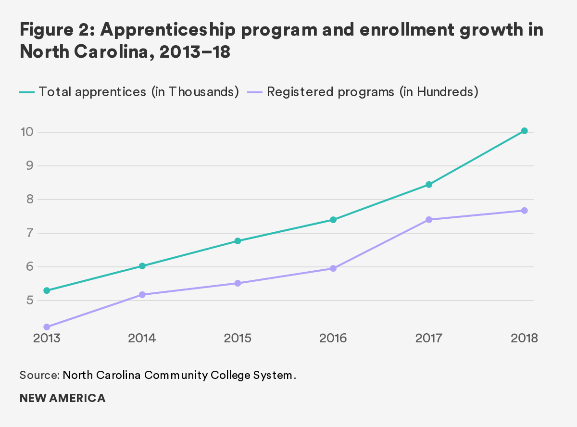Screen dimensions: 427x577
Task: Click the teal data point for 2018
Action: [524, 131]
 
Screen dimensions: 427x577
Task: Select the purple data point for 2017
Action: [429, 220]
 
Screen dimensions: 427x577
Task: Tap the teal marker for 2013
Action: [47, 290]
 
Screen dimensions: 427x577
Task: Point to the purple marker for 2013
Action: [47, 327]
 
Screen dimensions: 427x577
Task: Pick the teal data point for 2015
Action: [238, 241]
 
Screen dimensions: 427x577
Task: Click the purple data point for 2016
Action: [333, 268]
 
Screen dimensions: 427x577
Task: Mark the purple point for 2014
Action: [142, 295]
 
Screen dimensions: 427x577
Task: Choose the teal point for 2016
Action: [333, 220]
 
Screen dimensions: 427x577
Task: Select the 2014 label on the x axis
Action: [142, 338]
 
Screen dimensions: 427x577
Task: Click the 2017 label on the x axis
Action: [429, 338]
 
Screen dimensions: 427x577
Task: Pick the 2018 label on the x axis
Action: [524, 338]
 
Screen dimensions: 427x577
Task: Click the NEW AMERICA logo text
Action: [63, 398]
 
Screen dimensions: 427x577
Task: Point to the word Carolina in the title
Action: [116, 52]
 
